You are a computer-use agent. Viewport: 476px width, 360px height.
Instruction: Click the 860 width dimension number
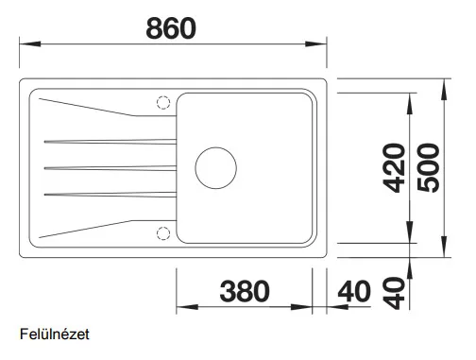tap(171, 28)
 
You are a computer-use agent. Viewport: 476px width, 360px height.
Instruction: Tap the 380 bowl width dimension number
tap(245, 291)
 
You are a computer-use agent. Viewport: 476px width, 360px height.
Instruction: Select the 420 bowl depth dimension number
tap(394, 167)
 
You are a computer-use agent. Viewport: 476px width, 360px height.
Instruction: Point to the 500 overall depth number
tap(428, 167)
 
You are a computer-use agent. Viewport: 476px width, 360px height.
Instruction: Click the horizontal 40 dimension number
tap(354, 291)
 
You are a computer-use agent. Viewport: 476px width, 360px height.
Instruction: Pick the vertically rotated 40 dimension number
tap(394, 293)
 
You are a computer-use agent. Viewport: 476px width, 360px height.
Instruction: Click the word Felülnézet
tap(55, 334)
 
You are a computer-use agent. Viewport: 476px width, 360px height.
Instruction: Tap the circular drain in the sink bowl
tap(216, 168)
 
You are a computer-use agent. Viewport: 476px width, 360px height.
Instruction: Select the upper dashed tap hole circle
tap(163, 102)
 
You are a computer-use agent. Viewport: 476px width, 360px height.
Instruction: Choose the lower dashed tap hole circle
tap(163, 233)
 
